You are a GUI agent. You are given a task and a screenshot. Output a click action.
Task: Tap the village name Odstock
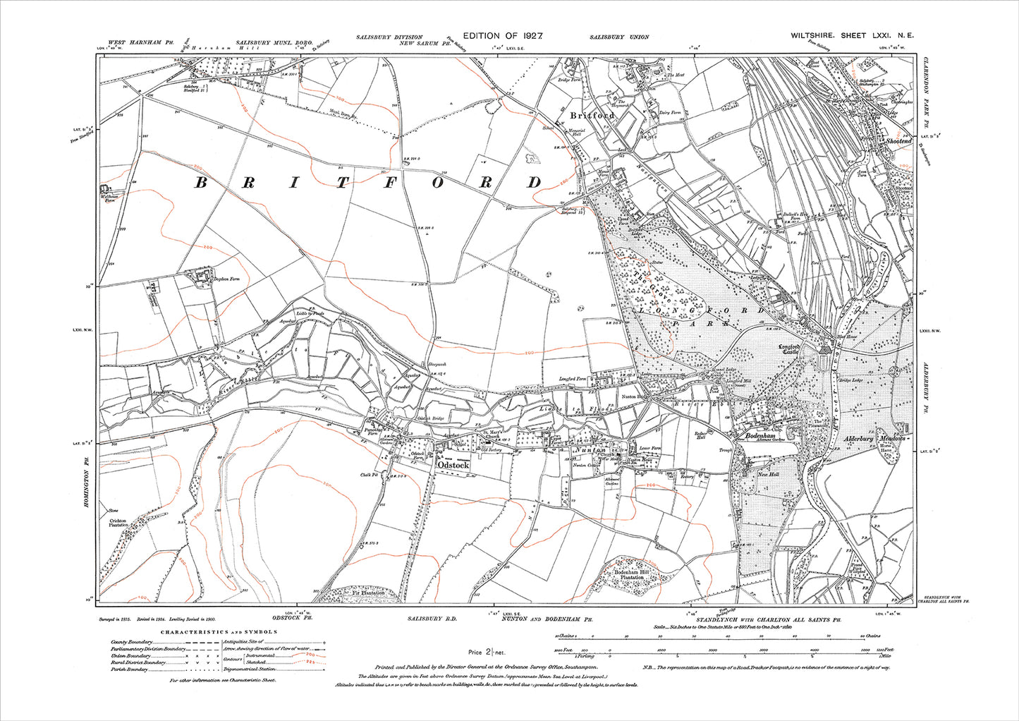pyautogui.click(x=453, y=466)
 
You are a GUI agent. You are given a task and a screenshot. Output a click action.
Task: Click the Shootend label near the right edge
pyautogui.click(x=899, y=141)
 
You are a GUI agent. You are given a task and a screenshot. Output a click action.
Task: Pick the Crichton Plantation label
pyautogui.click(x=117, y=522)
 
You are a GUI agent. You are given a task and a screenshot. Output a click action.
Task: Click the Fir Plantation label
pyautogui.click(x=369, y=593)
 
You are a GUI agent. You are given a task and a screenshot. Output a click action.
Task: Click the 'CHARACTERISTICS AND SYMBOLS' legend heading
pyautogui.click(x=219, y=633)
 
